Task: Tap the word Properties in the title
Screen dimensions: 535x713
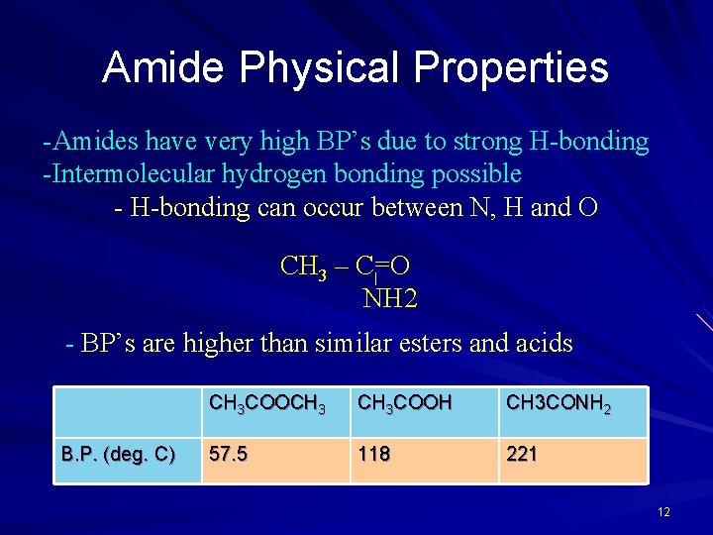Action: pyautogui.click(x=511, y=67)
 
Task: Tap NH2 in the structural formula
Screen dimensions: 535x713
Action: pyautogui.click(x=391, y=298)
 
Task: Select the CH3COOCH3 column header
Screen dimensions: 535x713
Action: pyautogui.click(x=266, y=403)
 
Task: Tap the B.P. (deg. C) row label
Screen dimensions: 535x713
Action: pyautogui.click(x=118, y=455)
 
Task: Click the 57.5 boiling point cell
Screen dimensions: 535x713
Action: pyautogui.click(x=228, y=455)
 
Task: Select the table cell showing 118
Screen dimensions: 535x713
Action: pyautogui.click(x=374, y=455)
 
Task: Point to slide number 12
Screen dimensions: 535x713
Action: pyautogui.click(x=663, y=512)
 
